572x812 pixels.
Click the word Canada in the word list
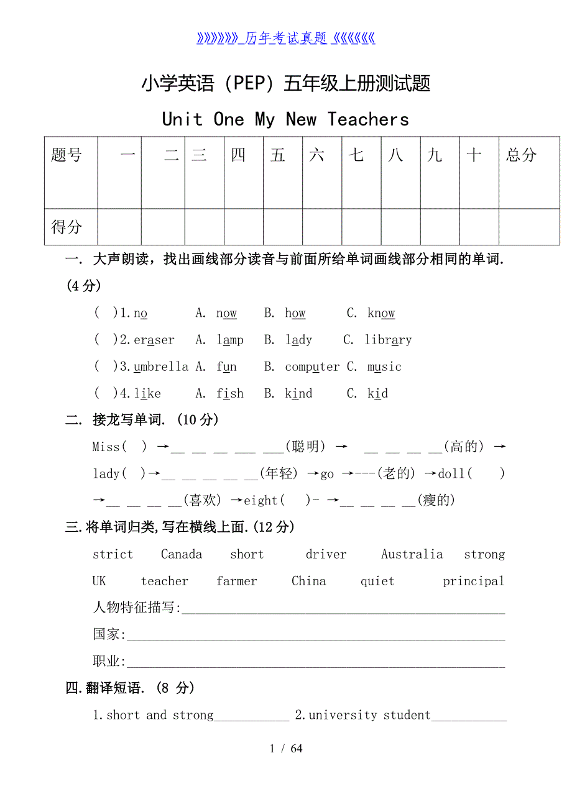(x=182, y=554)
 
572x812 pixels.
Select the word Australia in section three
(x=412, y=554)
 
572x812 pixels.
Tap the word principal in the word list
(x=473, y=582)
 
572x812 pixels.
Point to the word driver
(x=326, y=554)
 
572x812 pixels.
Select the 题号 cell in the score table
(x=67, y=155)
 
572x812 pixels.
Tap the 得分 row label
(x=67, y=227)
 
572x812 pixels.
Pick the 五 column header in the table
(x=278, y=155)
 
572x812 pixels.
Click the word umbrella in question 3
(x=161, y=367)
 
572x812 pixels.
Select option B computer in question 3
(x=312, y=367)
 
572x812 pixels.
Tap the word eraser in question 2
(x=154, y=340)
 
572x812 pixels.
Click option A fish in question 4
(x=230, y=393)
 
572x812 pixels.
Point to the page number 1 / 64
(x=286, y=748)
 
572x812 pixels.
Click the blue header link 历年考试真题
(x=286, y=39)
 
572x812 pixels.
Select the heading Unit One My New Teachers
(x=285, y=119)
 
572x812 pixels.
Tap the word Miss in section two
(x=106, y=447)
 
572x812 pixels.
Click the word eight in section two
(x=261, y=500)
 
